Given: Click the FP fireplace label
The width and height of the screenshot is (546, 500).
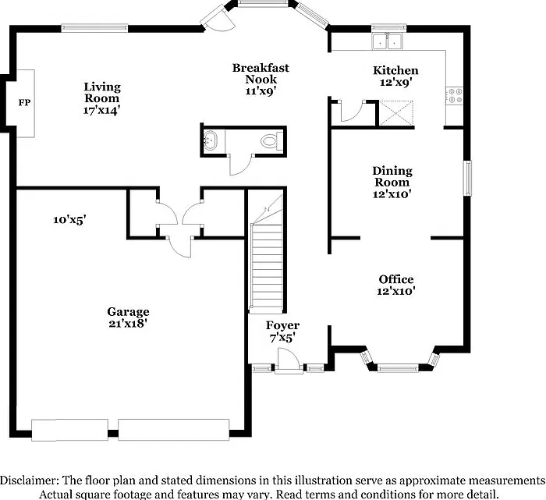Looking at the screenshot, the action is [24, 103].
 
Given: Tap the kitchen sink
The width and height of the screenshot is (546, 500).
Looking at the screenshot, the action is [387, 41].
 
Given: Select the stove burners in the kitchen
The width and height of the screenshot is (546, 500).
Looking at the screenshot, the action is [455, 96].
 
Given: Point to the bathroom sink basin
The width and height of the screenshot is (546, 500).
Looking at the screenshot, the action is [210, 140].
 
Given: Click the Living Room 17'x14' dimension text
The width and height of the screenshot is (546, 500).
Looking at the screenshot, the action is [101, 111].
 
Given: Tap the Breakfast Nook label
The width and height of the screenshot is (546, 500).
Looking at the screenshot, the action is [261, 73].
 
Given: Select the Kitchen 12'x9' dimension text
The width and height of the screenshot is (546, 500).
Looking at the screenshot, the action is [396, 83].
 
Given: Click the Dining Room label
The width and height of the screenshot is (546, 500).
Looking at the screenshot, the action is [392, 176].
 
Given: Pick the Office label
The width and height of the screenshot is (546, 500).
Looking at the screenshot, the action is [396, 279].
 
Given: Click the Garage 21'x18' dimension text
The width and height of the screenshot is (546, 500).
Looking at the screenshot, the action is [128, 324].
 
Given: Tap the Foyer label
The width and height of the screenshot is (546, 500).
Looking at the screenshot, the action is [282, 325].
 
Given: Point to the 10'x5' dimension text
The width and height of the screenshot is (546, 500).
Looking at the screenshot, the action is [69, 220].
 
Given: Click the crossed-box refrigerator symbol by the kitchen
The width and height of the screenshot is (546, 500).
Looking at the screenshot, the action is [396, 113].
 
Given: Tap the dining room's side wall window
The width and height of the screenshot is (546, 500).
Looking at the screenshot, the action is [467, 179].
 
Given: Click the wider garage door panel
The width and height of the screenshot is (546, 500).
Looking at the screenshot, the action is [174, 430].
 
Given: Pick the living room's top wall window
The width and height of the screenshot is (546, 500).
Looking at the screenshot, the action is [94, 28].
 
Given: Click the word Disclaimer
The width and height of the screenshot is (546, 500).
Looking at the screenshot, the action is [29, 480].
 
